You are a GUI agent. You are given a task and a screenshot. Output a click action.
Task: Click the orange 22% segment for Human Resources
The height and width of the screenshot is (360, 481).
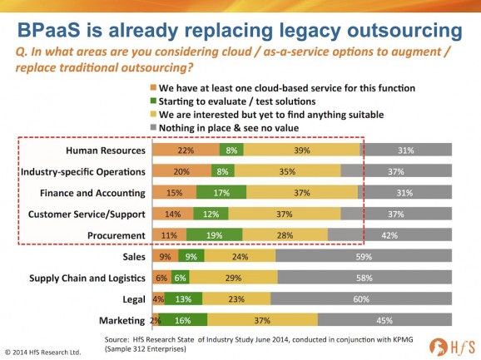click(x=186, y=150)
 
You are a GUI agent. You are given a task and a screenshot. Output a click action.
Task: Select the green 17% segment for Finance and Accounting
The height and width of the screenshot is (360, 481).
click(x=221, y=192)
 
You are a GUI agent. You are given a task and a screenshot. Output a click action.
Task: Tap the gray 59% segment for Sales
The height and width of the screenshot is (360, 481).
click(x=364, y=256)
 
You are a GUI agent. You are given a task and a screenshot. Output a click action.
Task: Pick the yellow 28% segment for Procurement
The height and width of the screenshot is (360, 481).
click(x=285, y=234)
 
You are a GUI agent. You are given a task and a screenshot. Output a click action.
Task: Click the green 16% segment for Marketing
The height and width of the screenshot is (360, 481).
click(x=183, y=320)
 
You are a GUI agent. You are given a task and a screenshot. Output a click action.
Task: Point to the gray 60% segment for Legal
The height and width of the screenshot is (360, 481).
click(x=361, y=298)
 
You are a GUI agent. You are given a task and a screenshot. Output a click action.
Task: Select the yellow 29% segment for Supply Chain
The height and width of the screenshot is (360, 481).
click(x=234, y=278)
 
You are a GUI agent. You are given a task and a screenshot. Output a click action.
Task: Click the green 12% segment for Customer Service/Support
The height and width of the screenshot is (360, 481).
click(x=211, y=214)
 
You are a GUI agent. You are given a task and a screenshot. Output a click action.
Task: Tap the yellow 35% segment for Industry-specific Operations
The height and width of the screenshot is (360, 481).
click(x=287, y=171)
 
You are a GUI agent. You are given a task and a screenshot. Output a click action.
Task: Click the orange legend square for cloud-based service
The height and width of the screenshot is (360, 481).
click(x=153, y=87)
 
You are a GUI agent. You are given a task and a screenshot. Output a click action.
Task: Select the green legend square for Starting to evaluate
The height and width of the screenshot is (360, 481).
click(x=153, y=101)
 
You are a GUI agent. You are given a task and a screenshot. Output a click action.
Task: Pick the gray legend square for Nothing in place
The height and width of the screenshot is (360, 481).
click(x=153, y=127)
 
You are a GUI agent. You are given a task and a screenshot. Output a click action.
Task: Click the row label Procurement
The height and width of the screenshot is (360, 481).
click(x=117, y=235)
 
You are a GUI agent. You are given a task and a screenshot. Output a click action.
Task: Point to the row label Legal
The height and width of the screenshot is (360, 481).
click(x=134, y=299)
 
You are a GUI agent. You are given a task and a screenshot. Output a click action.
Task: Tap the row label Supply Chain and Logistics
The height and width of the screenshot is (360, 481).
click(x=87, y=278)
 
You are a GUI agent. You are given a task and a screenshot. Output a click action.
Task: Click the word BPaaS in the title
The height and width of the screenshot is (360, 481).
click(x=49, y=30)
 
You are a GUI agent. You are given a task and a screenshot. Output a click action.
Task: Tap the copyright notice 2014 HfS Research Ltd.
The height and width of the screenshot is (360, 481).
click(x=43, y=353)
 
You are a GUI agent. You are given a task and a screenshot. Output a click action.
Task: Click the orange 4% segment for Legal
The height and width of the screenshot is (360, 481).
click(x=156, y=298)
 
